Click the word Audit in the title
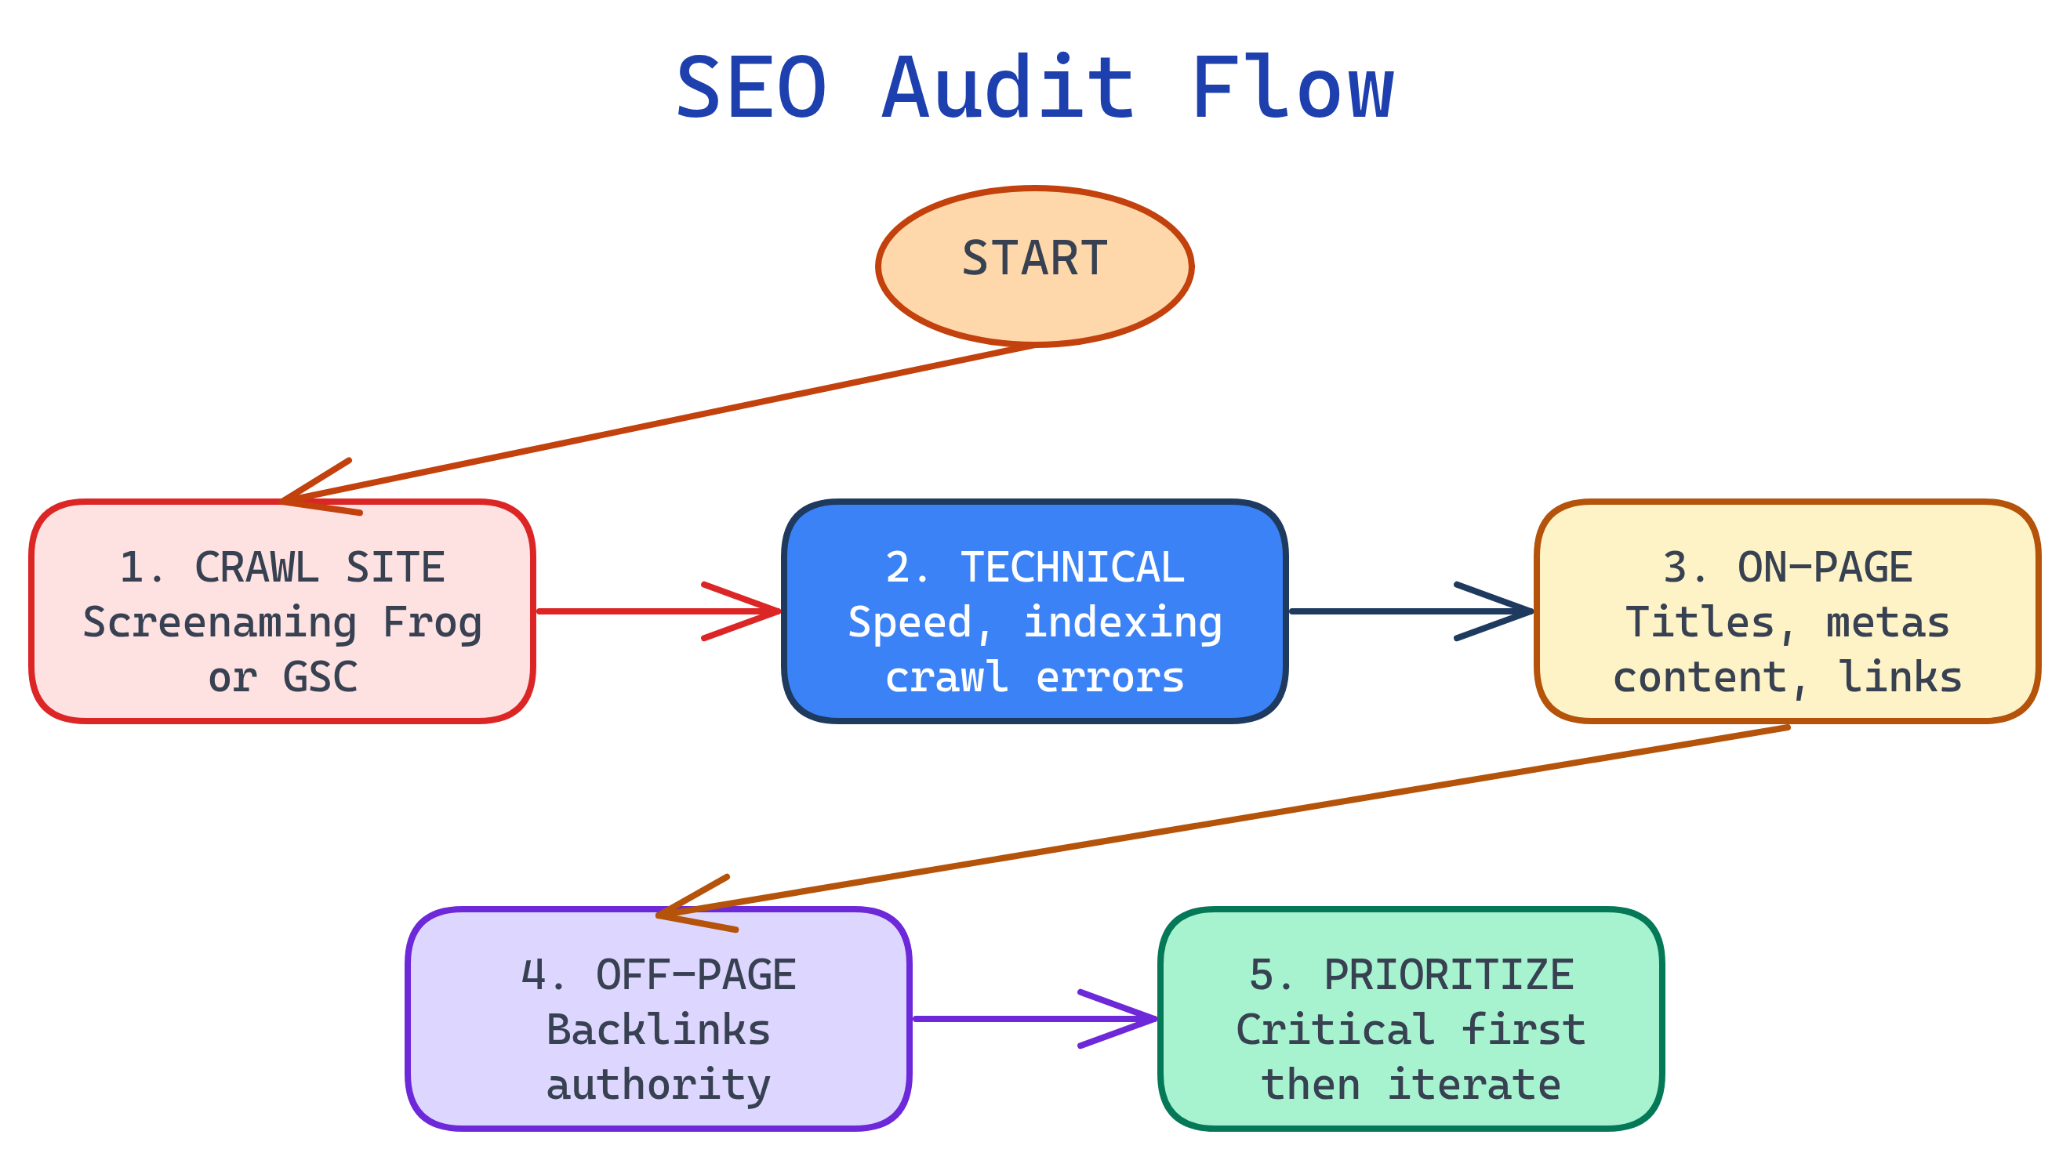[x=1008, y=89]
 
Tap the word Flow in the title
[x=1292, y=89]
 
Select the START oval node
[x=1034, y=266]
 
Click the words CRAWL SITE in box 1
[x=319, y=567]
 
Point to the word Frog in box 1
[x=432, y=622]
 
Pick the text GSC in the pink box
[x=320, y=676]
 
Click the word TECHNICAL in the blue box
[x=1072, y=567]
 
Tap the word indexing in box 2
[x=1122, y=622]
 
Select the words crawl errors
[x=1034, y=676]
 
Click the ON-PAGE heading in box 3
[x=1824, y=567]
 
